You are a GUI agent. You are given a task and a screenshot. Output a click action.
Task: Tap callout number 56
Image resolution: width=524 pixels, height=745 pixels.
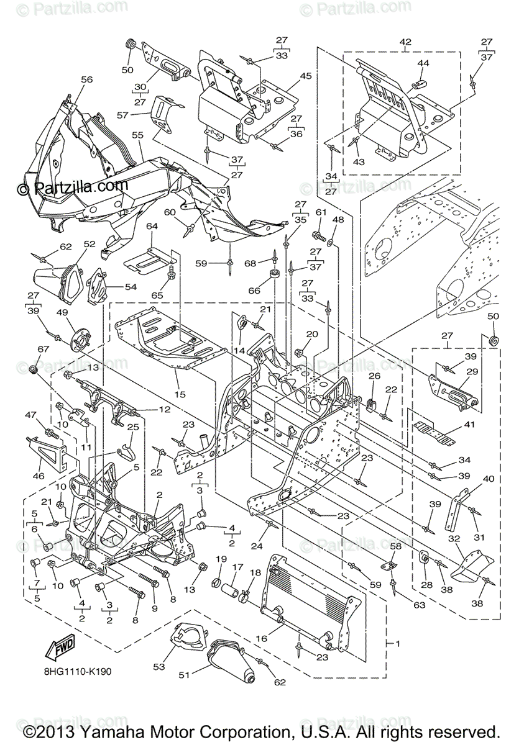(86, 79)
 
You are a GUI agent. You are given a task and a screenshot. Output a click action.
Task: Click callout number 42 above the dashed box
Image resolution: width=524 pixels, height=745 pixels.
(405, 42)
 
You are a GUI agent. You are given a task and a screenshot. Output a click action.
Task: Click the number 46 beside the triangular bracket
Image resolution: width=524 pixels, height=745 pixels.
(39, 476)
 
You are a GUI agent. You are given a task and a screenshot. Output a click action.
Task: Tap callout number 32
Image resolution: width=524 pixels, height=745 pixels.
(454, 539)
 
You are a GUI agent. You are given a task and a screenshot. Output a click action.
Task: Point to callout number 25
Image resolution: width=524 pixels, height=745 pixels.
(132, 428)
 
